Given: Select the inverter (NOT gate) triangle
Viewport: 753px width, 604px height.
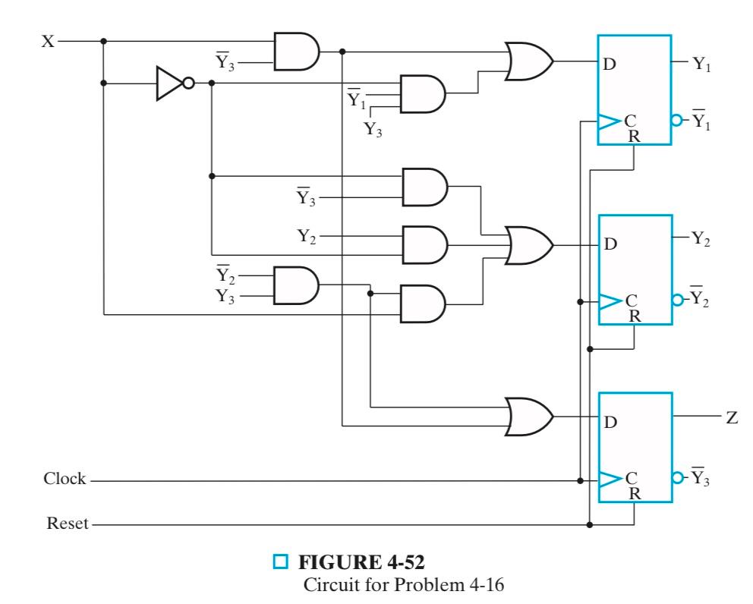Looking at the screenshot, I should tap(168, 83).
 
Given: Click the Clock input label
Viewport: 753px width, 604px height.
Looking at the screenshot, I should tap(65, 480).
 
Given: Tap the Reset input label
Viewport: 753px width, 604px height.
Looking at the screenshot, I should tap(66, 523).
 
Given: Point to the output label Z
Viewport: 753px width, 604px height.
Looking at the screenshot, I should tap(732, 418).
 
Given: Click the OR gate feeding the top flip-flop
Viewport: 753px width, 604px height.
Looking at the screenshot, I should tap(528, 61).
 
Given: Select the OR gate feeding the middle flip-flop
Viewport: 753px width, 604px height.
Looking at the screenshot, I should tap(528, 245).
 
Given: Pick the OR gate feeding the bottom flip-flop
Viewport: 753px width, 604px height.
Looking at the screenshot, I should tap(528, 417).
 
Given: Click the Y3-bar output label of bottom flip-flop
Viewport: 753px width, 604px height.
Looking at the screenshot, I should tap(702, 480).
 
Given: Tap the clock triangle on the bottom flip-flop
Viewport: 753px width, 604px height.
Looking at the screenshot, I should tap(608, 480).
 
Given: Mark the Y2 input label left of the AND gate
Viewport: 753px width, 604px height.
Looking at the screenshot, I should tap(307, 236).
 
